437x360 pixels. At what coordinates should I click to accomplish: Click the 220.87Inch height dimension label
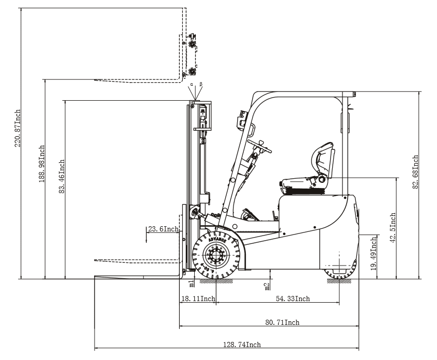tap(17, 129)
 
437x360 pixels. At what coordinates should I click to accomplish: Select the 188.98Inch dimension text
tap(42, 164)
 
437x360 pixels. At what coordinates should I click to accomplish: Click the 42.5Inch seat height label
tap(393, 228)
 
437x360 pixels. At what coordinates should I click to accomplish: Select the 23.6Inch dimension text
tap(163, 229)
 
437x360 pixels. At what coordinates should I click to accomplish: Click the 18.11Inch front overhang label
tap(198, 299)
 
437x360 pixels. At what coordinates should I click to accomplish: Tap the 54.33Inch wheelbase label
tap(292, 299)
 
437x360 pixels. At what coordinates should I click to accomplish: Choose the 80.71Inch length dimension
tap(282, 322)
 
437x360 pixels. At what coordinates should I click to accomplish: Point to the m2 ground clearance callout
tap(267, 285)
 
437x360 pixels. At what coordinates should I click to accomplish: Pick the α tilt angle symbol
tap(191, 84)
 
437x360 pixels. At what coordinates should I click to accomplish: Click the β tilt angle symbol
tap(201, 84)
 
